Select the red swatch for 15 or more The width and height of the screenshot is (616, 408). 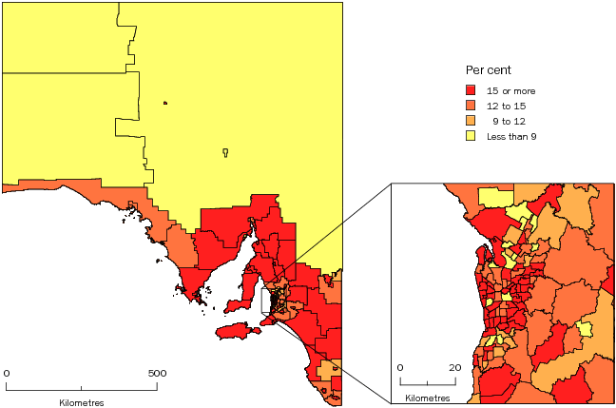tap(471, 90)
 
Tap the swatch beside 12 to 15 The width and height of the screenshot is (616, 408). tap(471, 106)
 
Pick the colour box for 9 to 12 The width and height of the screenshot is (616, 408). tap(471, 121)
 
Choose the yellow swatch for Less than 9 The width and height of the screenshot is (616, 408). tap(471, 136)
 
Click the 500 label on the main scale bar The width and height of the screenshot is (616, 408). tap(157, 373)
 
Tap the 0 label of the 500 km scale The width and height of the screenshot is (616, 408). tap(8, 373)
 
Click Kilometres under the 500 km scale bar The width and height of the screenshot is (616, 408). tap(82, 402)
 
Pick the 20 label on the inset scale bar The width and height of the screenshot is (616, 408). tap(454, 367)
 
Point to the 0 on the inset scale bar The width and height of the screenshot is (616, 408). tap(400, 367)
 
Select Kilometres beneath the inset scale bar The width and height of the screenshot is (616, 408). tap(428, 396)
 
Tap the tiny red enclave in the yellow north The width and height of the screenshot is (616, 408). tap(165, 104)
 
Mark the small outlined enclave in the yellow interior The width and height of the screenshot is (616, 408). tap(225, 151)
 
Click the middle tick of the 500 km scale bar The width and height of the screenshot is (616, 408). tap(82, 388)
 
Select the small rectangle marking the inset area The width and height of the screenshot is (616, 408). tap(271, 301)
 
